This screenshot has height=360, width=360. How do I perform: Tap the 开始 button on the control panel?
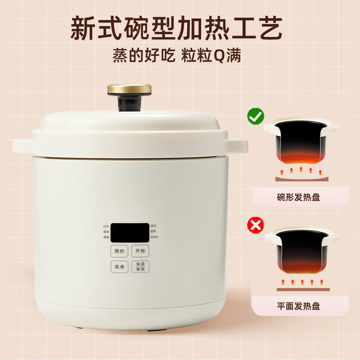point(140,251)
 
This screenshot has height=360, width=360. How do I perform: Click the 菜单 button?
point(119,266)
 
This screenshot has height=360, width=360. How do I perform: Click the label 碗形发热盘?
point(298,197)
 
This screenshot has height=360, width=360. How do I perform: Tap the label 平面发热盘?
point(298,306)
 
